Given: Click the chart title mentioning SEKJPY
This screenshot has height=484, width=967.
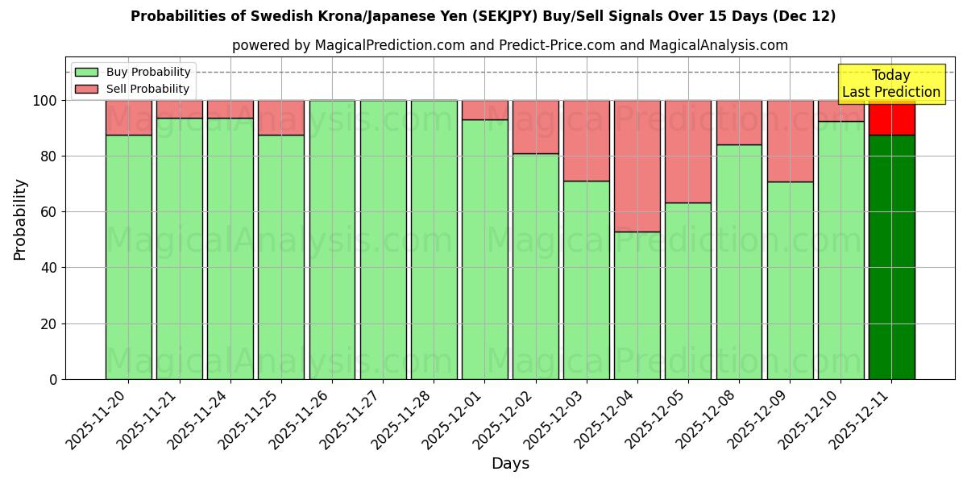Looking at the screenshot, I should (483, 16).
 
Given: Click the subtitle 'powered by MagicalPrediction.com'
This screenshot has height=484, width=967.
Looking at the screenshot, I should (509, 45).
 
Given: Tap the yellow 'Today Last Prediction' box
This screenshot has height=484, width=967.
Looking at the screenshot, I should (890, 84).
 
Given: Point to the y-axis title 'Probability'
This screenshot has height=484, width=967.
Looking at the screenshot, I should (20, 219).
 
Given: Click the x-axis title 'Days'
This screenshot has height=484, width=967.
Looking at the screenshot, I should (510, 463).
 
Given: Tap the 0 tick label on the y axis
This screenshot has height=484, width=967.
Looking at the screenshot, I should (53, 379).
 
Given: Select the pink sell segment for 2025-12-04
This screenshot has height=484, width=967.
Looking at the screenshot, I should (637, 165).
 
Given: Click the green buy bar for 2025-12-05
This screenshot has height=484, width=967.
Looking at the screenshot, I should (687, 290).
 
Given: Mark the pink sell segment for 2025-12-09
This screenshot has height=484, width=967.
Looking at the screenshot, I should (790, 141).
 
